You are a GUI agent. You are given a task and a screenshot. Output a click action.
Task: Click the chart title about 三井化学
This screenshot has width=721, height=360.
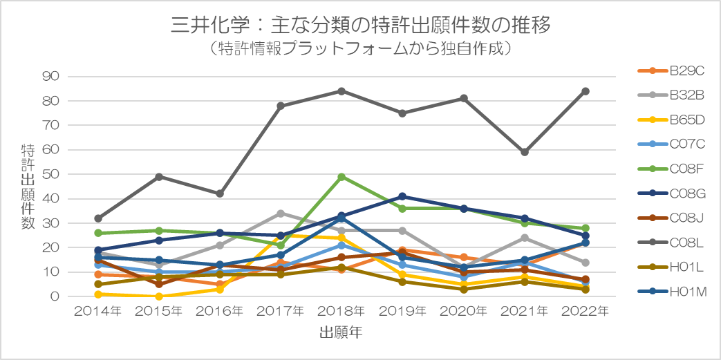point(360,25)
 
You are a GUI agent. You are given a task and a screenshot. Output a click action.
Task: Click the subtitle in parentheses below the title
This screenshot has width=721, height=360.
point(360,49)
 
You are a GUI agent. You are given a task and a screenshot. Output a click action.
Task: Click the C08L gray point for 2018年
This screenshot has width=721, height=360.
point(341,91)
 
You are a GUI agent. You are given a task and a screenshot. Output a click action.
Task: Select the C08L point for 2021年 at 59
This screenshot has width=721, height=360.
point(524,152)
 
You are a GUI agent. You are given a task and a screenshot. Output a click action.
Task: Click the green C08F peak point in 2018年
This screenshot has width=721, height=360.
point(341,177)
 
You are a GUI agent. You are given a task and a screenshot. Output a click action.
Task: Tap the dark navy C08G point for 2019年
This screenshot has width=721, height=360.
point(402,196)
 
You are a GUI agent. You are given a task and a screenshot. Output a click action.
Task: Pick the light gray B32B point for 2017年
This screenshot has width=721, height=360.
point(281,214)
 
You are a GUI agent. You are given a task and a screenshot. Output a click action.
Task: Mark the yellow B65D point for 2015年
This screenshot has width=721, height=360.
point(159,296)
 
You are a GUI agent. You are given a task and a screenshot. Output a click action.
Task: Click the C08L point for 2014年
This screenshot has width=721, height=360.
point(98,218)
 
